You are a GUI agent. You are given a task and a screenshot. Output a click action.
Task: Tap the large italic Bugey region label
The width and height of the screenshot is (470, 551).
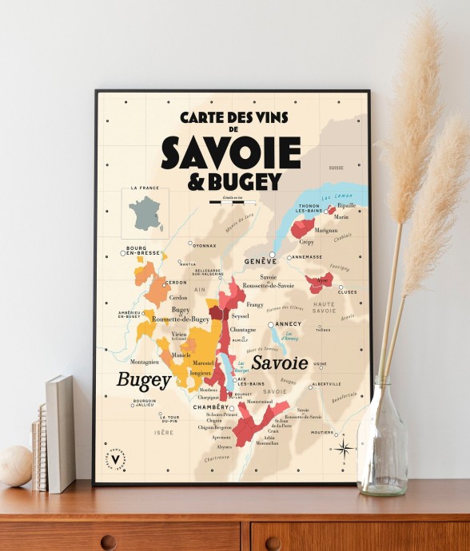pos(144,379)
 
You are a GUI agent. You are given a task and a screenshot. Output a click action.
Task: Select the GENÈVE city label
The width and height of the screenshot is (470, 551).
pos(261,261)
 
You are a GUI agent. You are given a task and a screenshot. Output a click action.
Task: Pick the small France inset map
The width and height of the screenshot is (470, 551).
pos(145,212)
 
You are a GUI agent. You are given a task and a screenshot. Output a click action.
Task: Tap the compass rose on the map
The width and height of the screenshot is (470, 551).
pos(344,447)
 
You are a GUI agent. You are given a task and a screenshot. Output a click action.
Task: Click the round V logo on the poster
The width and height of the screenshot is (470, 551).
pos(117,458)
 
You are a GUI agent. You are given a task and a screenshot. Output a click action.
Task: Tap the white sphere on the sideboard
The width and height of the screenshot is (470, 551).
pos(15,466)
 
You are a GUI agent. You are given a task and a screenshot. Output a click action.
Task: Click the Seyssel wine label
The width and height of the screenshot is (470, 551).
pos(241,317)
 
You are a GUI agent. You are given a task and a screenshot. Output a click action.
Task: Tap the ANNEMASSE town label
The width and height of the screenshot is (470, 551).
pos(306,257)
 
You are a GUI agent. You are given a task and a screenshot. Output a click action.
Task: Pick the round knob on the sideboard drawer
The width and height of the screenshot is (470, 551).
pos(108,542)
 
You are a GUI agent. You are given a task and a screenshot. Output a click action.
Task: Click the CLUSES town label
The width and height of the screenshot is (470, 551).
pos(348,292)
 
